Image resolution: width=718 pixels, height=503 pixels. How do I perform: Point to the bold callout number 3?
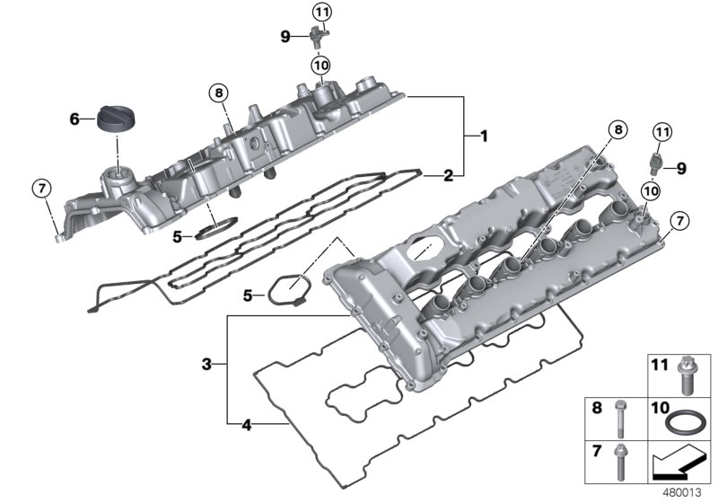coord(206,365)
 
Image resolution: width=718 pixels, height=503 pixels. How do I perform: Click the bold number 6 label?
coord(76,118)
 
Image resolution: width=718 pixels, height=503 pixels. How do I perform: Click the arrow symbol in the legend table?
coord(681,464)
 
